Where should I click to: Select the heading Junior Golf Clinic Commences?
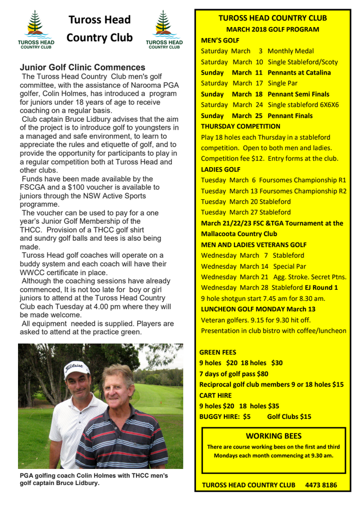[82, 68]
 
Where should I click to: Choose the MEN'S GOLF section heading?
[220, 40]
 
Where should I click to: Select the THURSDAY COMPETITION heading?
[240, 126]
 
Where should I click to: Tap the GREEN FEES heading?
[218, 352]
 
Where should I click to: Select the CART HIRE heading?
[215, 395]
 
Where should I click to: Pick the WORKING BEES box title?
[273, 436]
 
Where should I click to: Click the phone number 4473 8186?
[320, 485]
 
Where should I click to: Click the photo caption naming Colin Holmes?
[93, 479]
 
